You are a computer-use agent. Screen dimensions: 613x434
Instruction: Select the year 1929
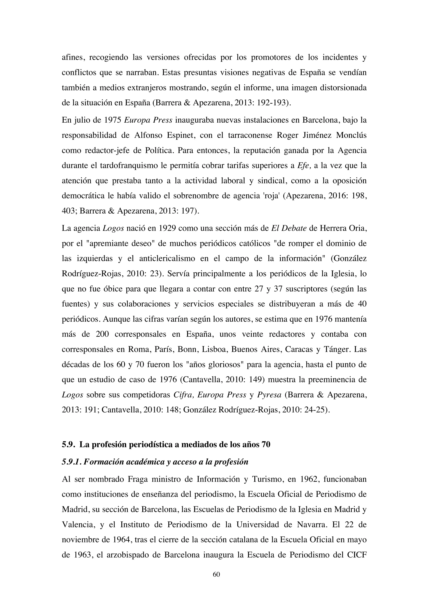click(x=168, y=229)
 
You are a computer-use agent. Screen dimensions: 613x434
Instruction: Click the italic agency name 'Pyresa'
click(x=269, y=395)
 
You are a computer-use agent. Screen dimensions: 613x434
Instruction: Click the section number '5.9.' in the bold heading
click(x=69, y=445)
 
